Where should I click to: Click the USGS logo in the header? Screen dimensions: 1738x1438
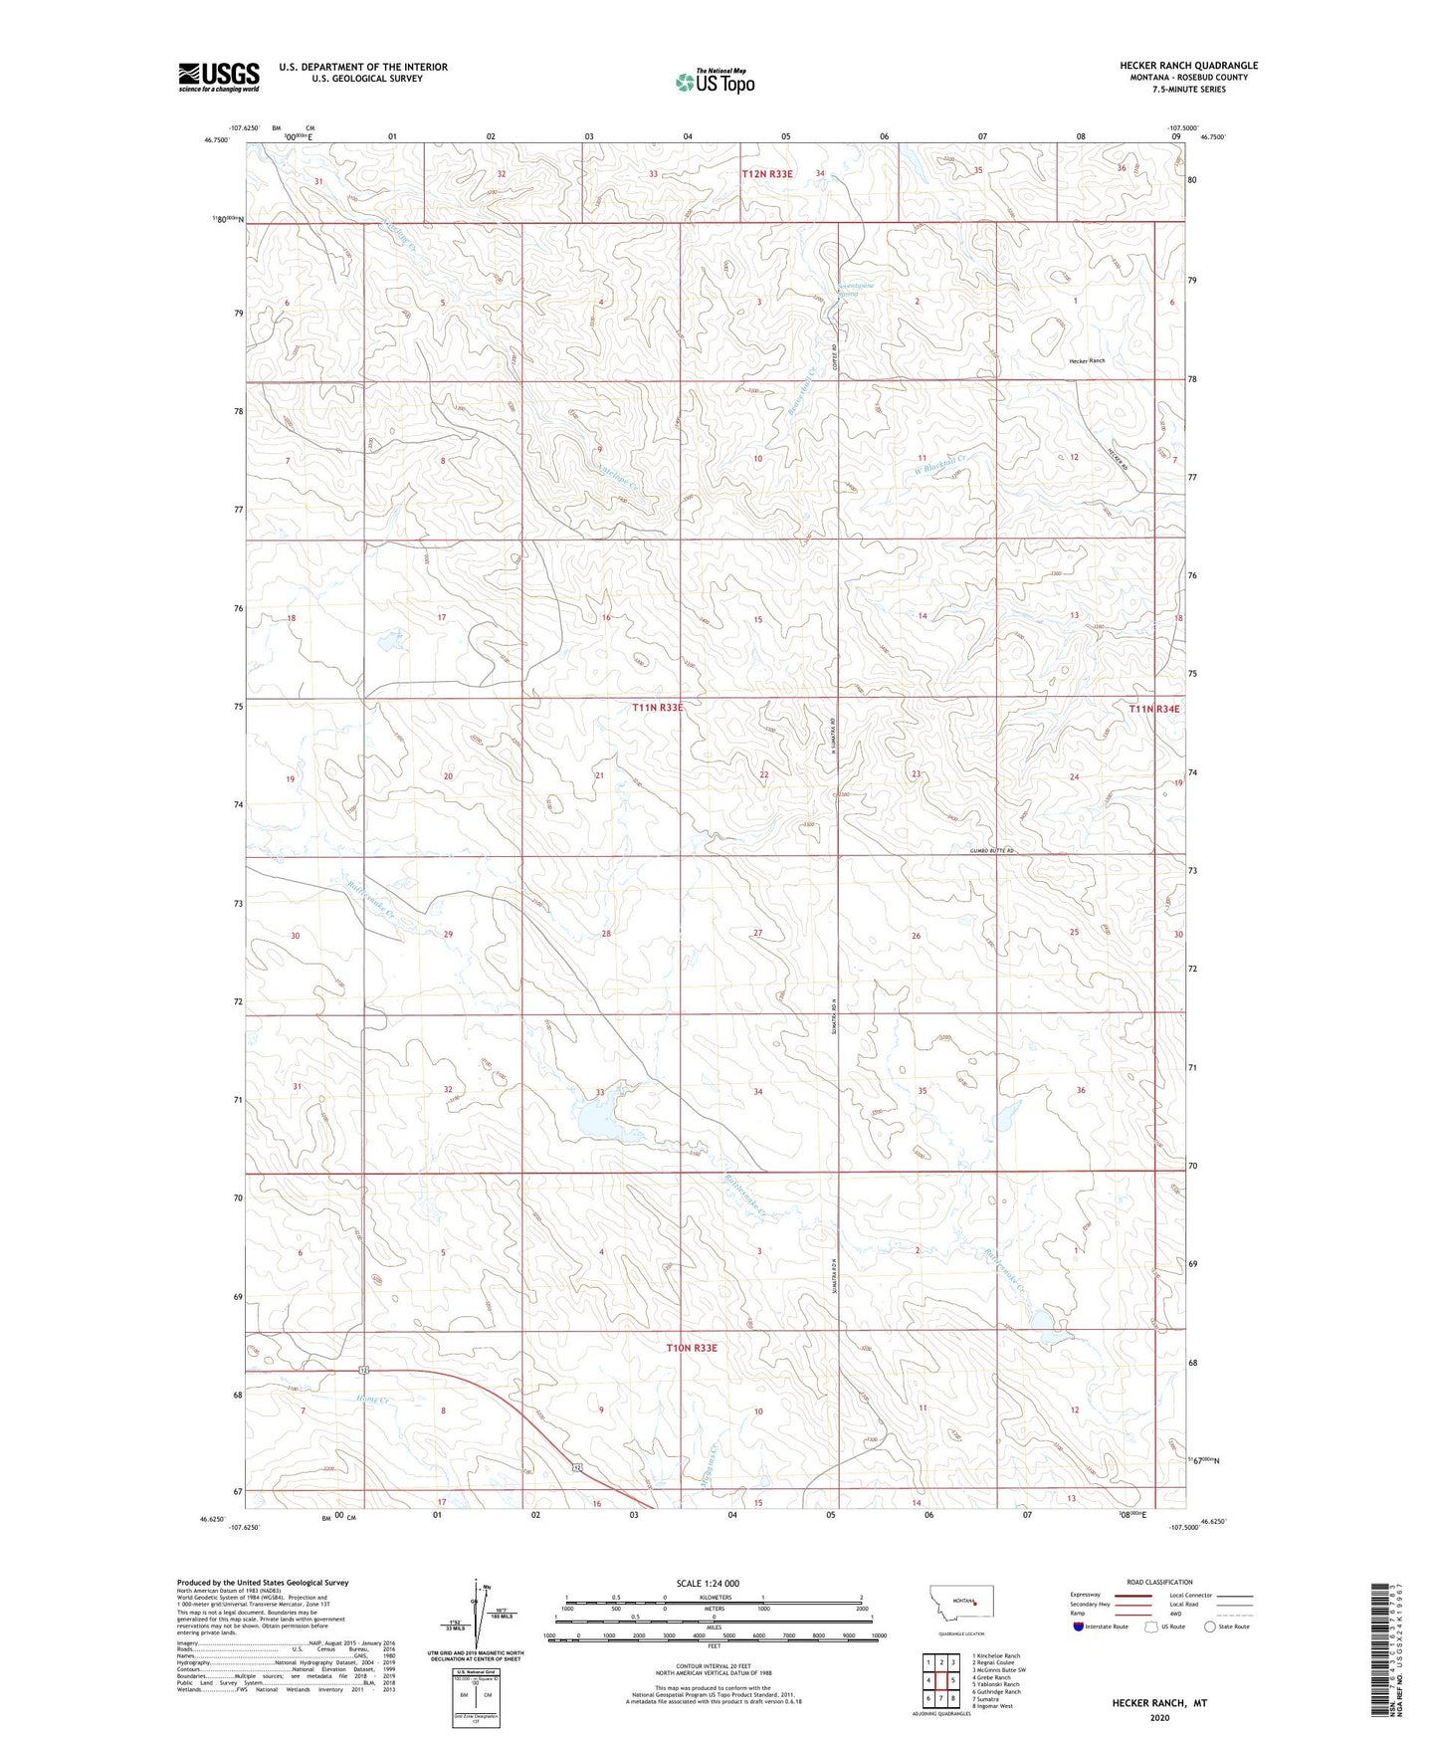click(x=218, y=77)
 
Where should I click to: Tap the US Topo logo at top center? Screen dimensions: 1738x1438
click(x=715, y=81)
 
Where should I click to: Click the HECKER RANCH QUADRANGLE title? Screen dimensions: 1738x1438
click(x=1188, y=66)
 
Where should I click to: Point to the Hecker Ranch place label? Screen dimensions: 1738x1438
click(x=1087, y=360)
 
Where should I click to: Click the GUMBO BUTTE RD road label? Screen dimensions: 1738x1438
click(x=992, y=852)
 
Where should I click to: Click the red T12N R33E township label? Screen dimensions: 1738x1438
click(x=767, y=174)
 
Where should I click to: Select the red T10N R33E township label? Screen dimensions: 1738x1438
click(x=691, y=1348)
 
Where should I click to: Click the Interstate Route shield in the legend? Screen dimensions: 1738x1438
click(x=1079, y=1628)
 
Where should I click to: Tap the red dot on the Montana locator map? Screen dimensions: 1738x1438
click(x=975, y=1603)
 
